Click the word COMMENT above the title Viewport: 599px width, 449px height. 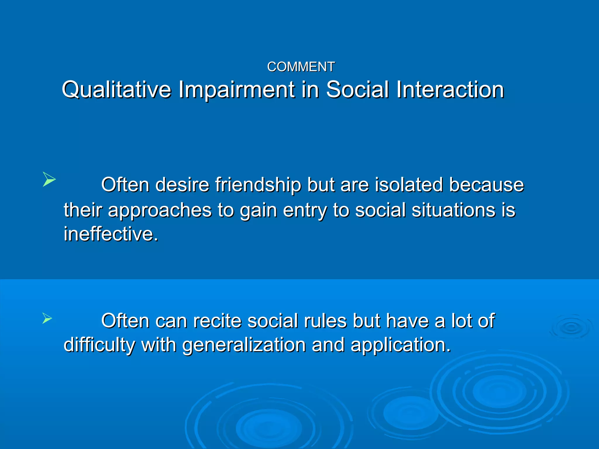tap(301, 67)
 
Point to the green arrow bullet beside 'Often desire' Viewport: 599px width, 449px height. tap(49, 179)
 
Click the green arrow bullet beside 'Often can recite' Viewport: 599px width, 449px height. tap(47, 318)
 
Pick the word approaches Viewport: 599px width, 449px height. tap(159, 210)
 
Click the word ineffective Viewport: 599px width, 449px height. tap(111, 234)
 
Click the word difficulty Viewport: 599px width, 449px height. tap(99, 345)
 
